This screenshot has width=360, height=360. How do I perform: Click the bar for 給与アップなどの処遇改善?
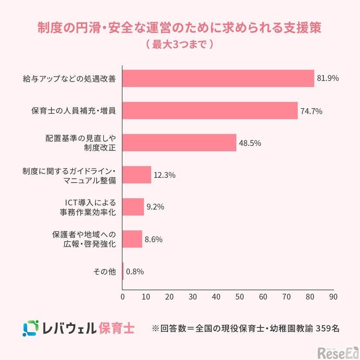point(218,78)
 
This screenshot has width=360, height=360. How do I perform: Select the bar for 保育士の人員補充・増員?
point(210,111)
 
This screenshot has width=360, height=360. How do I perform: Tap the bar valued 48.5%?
point(179,143)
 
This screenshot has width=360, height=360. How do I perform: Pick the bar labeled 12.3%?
point(137,175)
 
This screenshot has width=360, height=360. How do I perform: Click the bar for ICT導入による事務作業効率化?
point(133,207)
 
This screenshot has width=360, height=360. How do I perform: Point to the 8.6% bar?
point(132,239)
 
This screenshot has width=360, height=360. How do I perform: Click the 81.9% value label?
point(328,78)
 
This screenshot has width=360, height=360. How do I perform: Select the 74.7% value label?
point(311,111)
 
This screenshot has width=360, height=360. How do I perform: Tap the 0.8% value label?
point(135,272)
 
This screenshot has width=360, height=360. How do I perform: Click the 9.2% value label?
point(155,207)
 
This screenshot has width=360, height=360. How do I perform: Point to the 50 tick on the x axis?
point(239,297)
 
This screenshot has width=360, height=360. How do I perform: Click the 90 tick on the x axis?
point(333,297)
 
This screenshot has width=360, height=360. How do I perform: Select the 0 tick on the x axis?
point(122,297)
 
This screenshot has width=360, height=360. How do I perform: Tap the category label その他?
point(105,272)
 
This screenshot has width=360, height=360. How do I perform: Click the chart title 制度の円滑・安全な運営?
point(180,27)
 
